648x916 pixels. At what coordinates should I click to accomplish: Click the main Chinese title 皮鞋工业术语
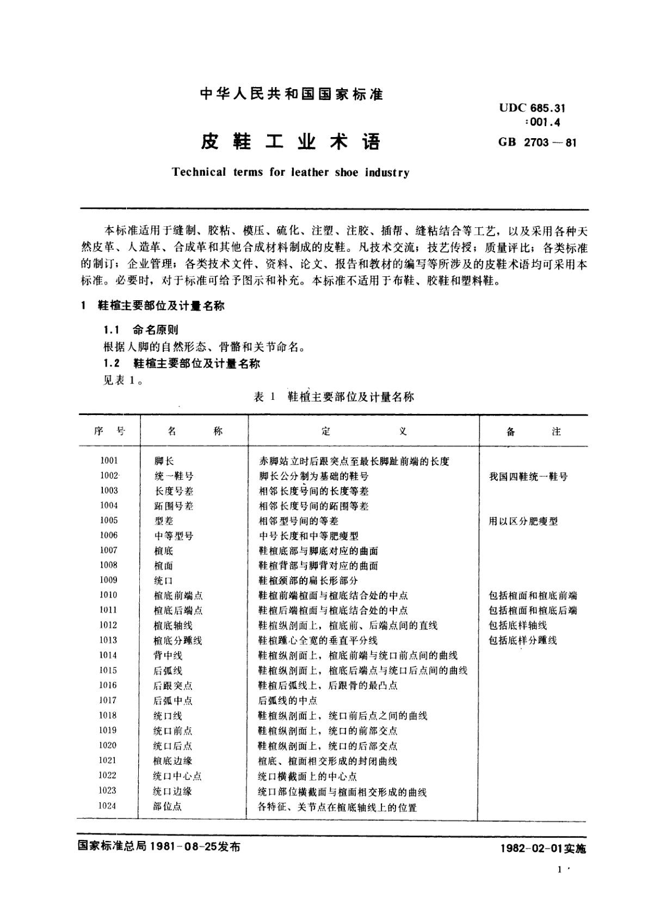[291, 142]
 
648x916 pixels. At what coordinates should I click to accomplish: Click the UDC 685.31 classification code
[532, 109]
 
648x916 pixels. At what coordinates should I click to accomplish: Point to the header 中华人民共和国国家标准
[292, 94]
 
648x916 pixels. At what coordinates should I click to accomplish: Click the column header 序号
[109, 431]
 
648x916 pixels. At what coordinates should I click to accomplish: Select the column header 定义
[363, 431]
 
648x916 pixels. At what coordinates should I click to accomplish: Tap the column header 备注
[533, 431]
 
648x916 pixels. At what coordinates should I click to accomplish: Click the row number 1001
[109, 461]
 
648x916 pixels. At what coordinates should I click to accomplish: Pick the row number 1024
[108, 806]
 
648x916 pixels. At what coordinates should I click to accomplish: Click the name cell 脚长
[164, 461]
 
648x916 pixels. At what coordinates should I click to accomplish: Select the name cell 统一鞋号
[174, 476]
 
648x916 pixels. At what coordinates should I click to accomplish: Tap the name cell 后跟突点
[173, 685]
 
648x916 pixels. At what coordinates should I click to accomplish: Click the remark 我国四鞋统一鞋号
[528, 476]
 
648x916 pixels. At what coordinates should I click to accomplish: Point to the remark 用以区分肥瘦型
[523, 521]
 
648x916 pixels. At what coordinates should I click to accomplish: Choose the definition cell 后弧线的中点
[287, 701]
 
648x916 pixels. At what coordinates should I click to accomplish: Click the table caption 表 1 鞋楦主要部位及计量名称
[334, 397]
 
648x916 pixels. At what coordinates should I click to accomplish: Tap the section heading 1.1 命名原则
[141, 330]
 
